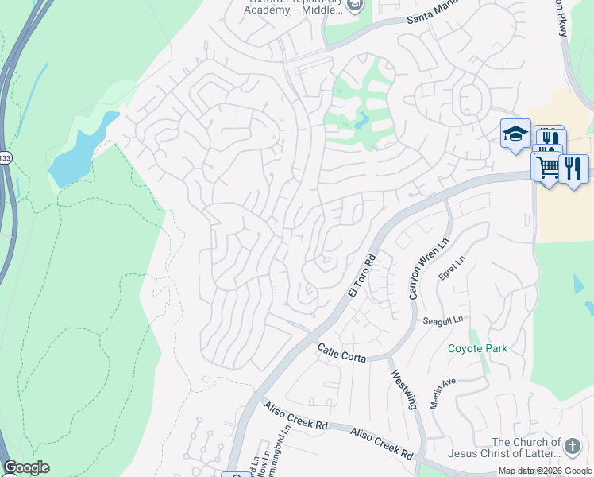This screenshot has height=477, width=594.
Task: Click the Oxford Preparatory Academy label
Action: point(294,6)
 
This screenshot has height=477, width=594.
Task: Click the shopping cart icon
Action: point(546,168)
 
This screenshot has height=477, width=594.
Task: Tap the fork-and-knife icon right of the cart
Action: point(573,169)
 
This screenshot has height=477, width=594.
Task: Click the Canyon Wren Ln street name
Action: point(418,268)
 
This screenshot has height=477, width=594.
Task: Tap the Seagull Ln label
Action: point(442,320)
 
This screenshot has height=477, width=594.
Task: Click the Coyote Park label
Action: point(477,348)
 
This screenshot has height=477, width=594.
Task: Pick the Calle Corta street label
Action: point(342,353)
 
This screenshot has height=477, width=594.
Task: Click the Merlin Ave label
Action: point(442,393)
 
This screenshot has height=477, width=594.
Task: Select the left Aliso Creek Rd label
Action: point(296,417)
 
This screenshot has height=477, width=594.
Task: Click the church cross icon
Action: point(573,445)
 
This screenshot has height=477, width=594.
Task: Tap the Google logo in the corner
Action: point(26,467)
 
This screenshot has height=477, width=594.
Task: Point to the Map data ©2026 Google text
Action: point(544,471)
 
